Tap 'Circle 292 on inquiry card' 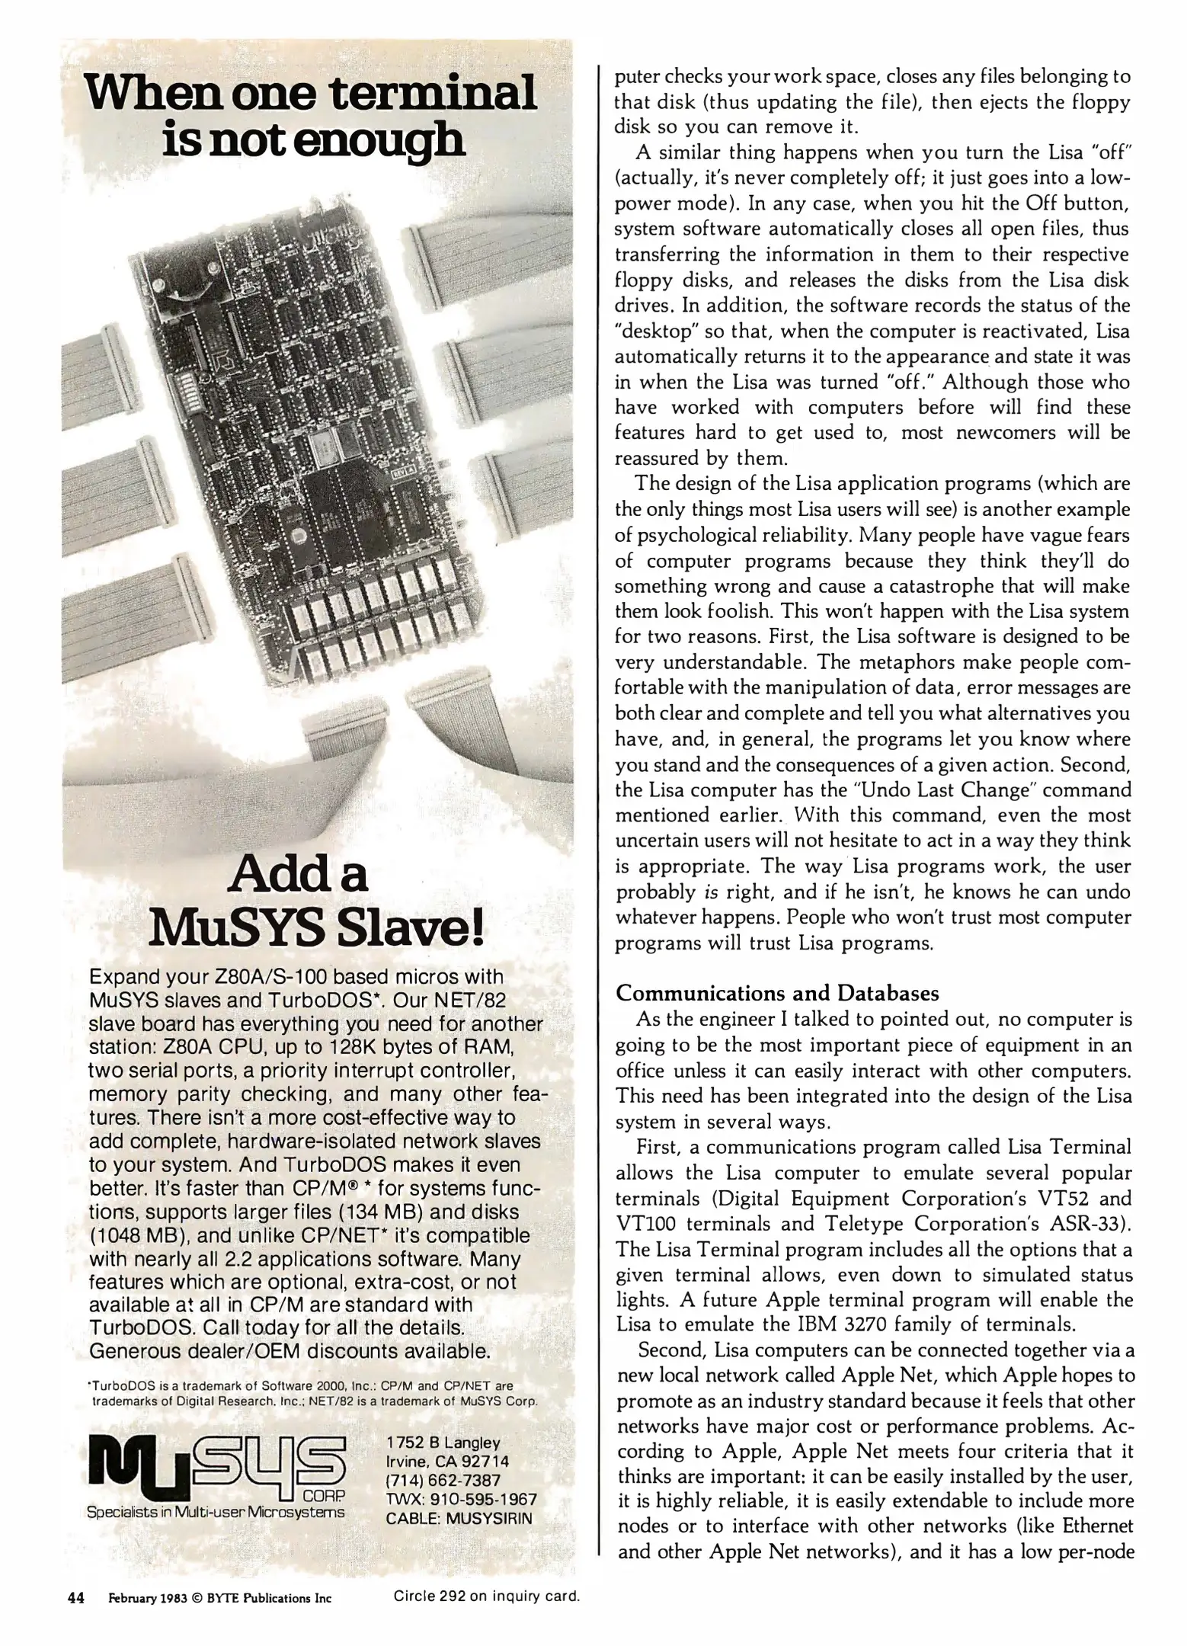pos(487,1596)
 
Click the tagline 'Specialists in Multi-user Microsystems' pos(216,1512)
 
